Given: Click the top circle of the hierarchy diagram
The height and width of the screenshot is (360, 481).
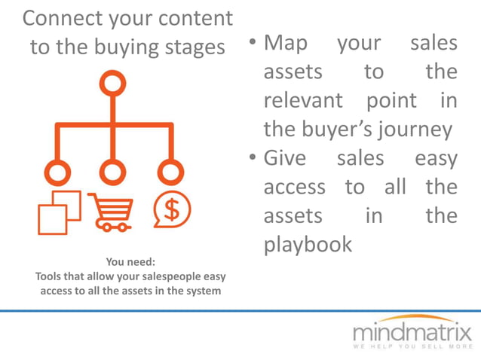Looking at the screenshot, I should pyautogui.click(x=112, y=84).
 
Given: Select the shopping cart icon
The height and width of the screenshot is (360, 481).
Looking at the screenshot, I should pyautogui.click(x=112, y=212).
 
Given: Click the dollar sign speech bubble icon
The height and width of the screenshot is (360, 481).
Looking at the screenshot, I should pyautogui.click(x=172, y=210).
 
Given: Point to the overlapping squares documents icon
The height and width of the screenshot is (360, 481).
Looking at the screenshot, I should pyautogui.click(x=59, y=212).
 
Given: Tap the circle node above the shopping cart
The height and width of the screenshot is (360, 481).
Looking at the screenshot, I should pyautogui.click(x=112, y=171).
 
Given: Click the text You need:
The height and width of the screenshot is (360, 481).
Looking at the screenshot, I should pyautogui.click(x=130, y=262).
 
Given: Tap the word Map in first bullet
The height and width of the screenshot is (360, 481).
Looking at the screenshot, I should pyautogui.click(x=286, y=43).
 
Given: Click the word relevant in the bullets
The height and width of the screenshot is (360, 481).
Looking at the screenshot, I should pyautogui.click(x=302, y=100).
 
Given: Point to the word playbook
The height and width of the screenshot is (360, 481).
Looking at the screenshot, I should pyautogui.click(x=308, y=244).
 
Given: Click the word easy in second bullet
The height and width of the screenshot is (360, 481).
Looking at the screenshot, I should pyautogui.click(x=436, y=158).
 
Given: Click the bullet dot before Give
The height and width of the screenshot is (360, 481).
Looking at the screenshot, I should pyautogui.click(x=253, y=159).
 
